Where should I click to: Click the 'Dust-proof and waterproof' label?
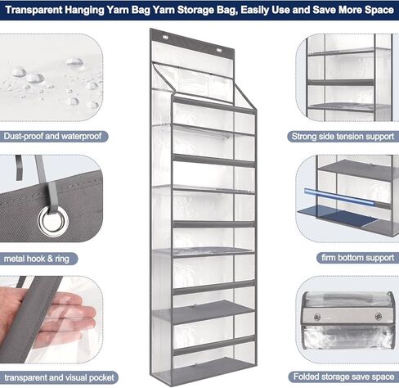coord(52,136)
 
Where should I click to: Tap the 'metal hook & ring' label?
coord(37,259)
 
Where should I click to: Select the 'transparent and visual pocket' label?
coord(59,377)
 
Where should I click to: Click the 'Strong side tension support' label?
coord(343,137)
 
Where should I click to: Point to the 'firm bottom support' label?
coord(357,258)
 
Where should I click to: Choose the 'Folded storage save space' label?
coord(343,377)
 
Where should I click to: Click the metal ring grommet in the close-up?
coord(53,220)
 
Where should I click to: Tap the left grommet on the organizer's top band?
coord(165,37)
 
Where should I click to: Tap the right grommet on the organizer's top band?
coord(219,50)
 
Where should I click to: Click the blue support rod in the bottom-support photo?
coord(339,196)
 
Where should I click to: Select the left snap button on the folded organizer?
coord(317,317)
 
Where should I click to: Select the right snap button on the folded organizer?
coord(379,317)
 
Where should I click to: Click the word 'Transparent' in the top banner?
coord(34,10)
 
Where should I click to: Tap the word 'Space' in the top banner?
coord(379,10)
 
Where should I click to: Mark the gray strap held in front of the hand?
coord(33,319)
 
